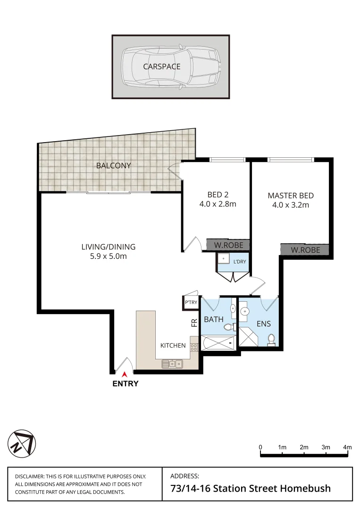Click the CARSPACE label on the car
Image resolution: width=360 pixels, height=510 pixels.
pyautogui.click(x=162, y=67)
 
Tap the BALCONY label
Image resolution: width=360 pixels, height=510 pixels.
pyautogui.click(x=113, y=166)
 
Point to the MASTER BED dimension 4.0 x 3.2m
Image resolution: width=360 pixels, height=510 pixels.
pyautogui.click(x=290, y=205)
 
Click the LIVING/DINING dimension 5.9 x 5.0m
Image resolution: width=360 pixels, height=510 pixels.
pyautogui.click(x=108, y=256)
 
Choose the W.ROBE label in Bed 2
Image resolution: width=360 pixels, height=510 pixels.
pyautogui.click(x=228, y=246)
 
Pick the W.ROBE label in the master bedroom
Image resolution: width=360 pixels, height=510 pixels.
pyautogui.click(x=305, y=250)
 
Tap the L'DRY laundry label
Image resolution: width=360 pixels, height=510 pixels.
pyautogui.click(x=239, y=261)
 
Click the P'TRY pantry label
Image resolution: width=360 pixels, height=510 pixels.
pyautogui.click(x=191, y=303)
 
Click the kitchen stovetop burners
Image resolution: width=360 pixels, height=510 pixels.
pyautogui.click(x=194, y=347)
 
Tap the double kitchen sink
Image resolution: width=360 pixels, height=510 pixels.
pyautogui.click(x=173, y=363)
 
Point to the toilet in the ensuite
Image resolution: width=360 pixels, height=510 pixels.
pyautogui.click(x=271, y=340)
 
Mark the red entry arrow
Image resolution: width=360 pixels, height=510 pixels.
pyautogui.click(x=125, y=374)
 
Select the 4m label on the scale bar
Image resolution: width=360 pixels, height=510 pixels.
pyautogui.click(x=347, y=447)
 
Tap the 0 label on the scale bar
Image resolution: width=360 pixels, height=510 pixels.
pyautogui.click(x=260, y=447)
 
